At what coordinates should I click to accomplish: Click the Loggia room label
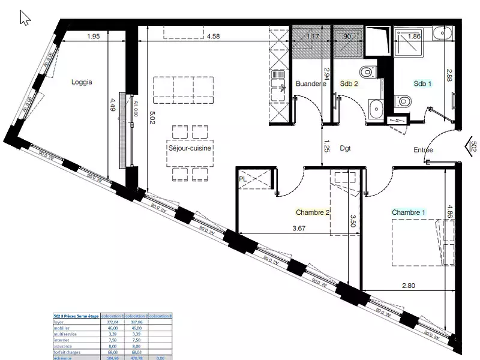tap(82, 83)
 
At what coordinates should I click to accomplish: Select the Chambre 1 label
tap(409, 212)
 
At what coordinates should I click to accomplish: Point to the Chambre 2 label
tap(313, 212)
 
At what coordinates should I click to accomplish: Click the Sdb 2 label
tap(349, 84)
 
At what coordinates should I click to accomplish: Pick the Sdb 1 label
tap(422, 84)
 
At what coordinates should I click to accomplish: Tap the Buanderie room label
tap(310, 84)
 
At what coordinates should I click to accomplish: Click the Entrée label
tap(423, 150)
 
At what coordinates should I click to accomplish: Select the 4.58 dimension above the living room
tap(213, 37)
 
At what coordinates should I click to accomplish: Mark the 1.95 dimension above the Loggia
tap(93, 37)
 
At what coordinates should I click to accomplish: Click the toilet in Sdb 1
tap(404, 103)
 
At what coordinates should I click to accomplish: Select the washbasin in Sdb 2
tap(377, 109)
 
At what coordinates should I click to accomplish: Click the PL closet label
tap(243, 178)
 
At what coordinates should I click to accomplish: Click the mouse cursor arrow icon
tap(25, 18)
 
